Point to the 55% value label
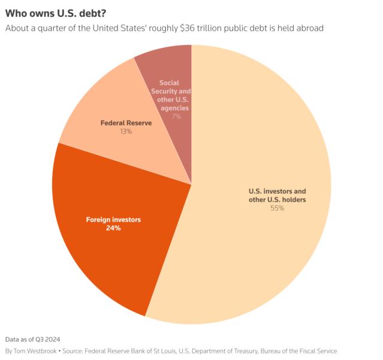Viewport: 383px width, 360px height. pyautogui.click(x=277, y=208)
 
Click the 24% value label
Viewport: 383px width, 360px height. pyautogui.click(x=113, y=228)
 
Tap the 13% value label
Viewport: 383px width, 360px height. pyautogui.click(x=126, y=131)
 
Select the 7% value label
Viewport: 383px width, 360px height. pyautogui.click(x=176, y=116)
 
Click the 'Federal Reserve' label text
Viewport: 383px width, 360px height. pyautogui.click(x=126, y=122)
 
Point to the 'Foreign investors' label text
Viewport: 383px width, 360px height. pyautogui.click(x=113, y=220)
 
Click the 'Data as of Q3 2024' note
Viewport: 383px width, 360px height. pyautogui.click(x=32, y=339)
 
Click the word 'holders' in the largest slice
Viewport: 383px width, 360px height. pyautogui.click(x=293, y=199)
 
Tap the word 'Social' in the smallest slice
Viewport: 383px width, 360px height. pyautogui.click(x=170, y=83)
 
